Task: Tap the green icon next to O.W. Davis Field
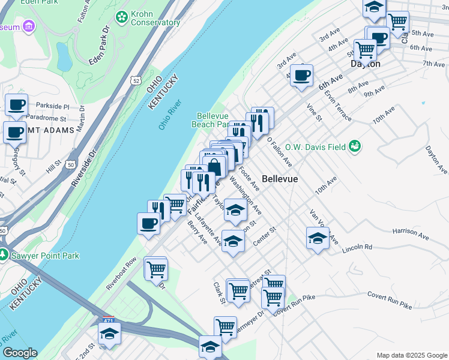pos(355,145)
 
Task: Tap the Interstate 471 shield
pos(108,320)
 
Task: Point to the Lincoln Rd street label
pos(359,247)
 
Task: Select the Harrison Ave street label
pos(411,230)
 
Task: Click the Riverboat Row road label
pos(122,274)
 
